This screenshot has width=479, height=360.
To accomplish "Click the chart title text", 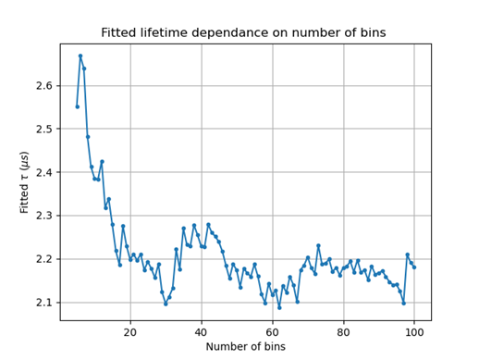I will pyautogui.click(x=243, y=33).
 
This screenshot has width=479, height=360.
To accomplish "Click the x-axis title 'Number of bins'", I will pyautogui.click(x=245, y=346).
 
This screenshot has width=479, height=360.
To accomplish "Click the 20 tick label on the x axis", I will pyautogui.click(x=130, y=332).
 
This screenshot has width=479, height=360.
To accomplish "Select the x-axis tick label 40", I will pyautogui.click(x=202, y=332).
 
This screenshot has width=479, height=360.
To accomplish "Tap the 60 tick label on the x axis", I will pyautogui.click(x=273, y=332).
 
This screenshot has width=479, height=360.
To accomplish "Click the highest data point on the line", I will pyautogui.click(x=80, y=56).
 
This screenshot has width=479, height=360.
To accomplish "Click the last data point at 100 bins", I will pyautogui.click(x=414, y=267).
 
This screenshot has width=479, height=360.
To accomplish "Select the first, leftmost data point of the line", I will pyautogui.click(x=77, y=106).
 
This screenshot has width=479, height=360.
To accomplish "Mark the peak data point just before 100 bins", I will pyautogui.click(x=407, y=254).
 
